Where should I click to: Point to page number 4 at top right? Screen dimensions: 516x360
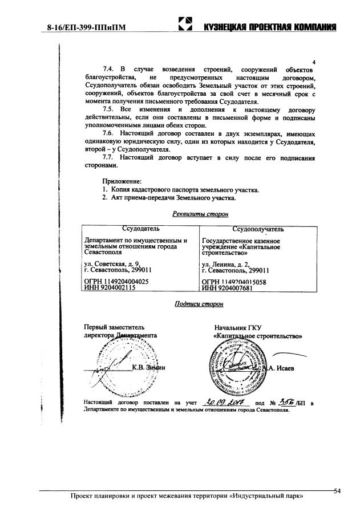[315, 62]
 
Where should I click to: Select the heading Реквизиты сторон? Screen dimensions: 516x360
[199, 214]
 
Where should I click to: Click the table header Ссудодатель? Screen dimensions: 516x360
[140, 229]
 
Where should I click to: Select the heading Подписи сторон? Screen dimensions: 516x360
[199, 304]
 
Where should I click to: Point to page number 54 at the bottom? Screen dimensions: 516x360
[336, 491]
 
